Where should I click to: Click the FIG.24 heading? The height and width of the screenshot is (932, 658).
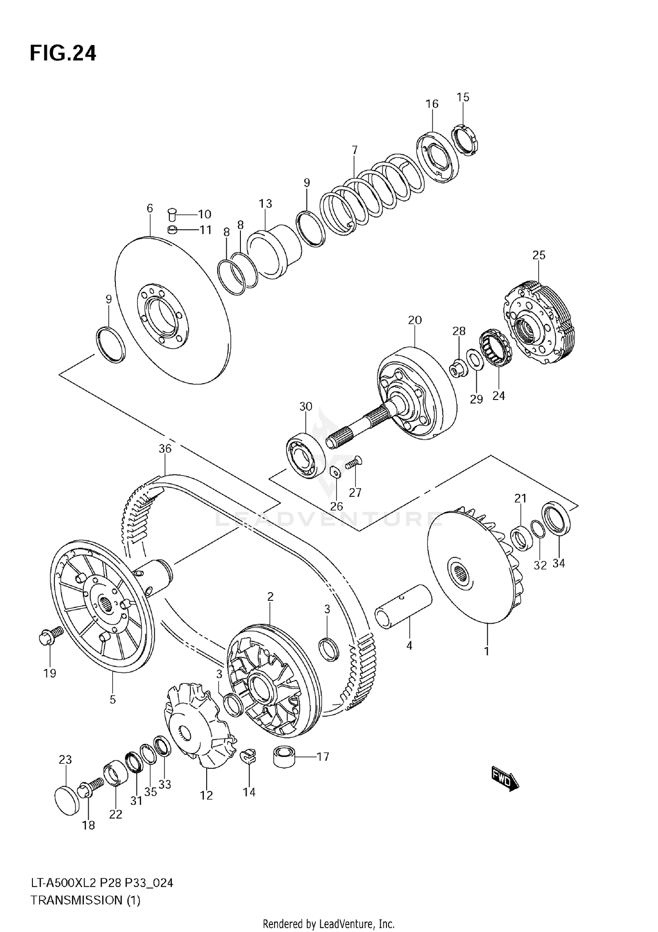(63, 54)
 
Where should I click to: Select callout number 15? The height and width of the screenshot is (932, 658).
(463, 97)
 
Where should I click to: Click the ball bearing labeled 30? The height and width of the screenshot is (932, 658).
(306, 456)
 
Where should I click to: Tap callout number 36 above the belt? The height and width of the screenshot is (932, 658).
(165, 449)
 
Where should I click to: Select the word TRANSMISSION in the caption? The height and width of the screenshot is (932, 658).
(78, 900)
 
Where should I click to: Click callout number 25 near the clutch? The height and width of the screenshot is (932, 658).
(539, 255)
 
